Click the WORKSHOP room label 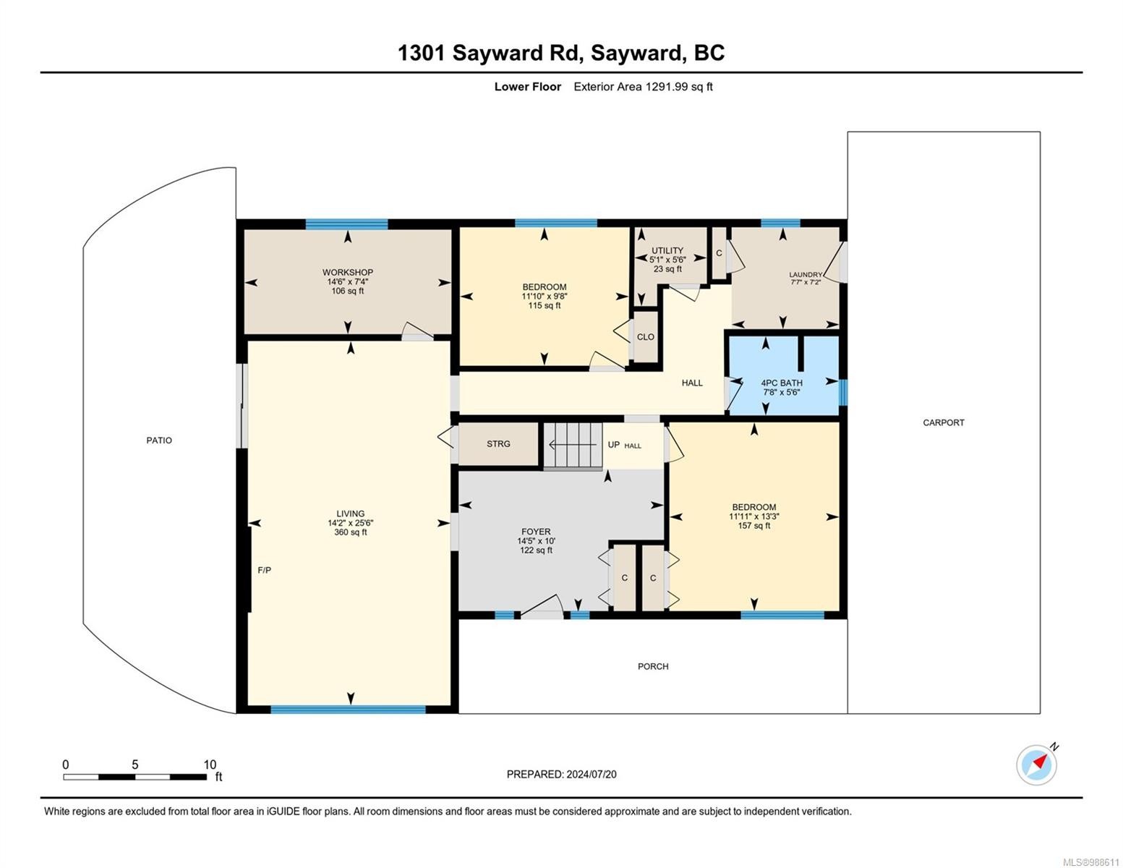[347, 273]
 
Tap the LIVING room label [350, 514]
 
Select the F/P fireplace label [265, 570]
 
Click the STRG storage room [498, 444]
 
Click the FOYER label [536, 532]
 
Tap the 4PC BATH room [782, 383]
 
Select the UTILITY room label [667, 251]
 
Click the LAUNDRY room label [805, 275]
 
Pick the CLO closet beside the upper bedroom [645, 337]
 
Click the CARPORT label [943, 422]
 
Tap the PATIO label [159, 440]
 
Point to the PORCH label [652, 666]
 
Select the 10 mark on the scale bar [210, 765]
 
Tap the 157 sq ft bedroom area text [753, 526]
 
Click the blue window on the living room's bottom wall [348, 709]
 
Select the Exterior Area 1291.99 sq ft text [643, 87]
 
